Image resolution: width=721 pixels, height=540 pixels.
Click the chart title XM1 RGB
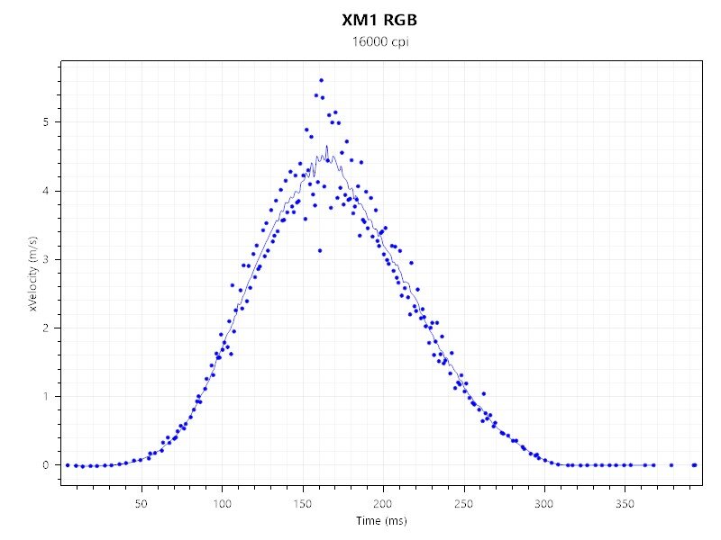point(379,20)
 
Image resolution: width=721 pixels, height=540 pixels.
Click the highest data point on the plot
point(321,80)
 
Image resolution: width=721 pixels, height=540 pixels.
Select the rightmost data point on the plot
point(694,465)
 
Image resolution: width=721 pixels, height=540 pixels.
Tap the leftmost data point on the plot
point(68,465)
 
